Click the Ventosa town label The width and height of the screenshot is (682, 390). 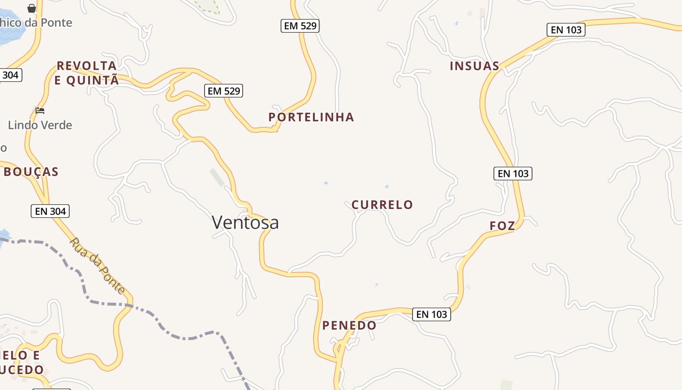(245, 222)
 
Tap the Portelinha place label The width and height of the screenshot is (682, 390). (311, 117)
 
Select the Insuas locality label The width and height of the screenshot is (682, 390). (474, 66)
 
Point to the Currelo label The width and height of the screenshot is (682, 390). (382, 205)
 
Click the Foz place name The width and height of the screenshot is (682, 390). (502, 226)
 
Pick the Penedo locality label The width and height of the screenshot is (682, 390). (349, 325)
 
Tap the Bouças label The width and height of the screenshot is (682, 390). (31, 172)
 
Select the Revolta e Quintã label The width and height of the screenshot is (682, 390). (87, 73)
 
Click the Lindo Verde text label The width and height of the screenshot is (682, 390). (40, 125)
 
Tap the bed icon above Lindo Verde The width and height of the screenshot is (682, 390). (40, 111)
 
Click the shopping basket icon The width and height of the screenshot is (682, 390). (32, 8)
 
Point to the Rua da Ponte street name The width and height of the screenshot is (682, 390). (97, 265)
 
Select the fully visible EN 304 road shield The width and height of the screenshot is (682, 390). (50, 211)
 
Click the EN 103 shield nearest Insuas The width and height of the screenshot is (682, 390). (566, 30)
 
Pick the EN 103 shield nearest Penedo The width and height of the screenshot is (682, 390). (432, 314)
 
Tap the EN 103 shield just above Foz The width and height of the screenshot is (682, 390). (513, 173)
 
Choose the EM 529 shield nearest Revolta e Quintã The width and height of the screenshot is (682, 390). (224, 91)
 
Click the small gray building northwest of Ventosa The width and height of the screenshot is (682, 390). (217, 177)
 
